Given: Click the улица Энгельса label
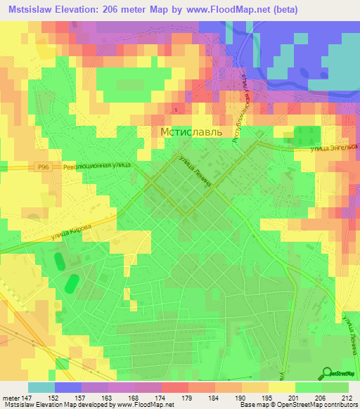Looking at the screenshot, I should tap(336, 148).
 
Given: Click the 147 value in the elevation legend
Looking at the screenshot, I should tap(27, 397).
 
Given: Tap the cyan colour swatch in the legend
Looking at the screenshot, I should tap(41, 387).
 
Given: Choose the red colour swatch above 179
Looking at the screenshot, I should tap(175, 387).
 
